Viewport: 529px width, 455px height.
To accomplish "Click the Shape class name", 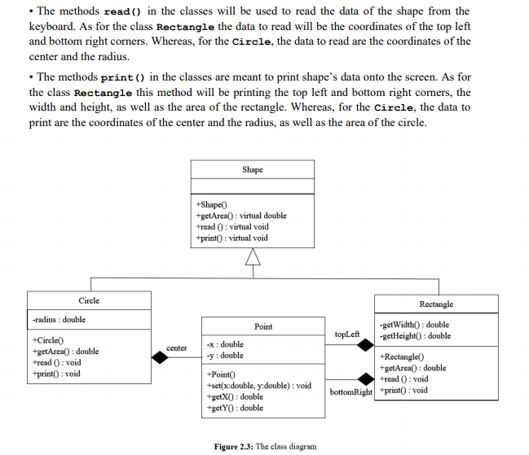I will (253, 169).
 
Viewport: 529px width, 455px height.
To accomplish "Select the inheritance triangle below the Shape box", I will (253, 258).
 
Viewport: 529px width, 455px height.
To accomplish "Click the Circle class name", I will (89, 300).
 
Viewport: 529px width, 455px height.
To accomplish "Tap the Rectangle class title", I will (436, 304).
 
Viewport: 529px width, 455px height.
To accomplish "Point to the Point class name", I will (263, 326).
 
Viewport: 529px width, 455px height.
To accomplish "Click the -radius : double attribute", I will (59, 320).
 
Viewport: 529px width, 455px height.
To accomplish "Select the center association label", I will (177, 348).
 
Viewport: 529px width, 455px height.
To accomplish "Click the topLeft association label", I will (347, 335).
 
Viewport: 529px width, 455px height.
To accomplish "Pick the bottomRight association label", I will (351, 392).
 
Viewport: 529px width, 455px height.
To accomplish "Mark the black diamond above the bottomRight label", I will (364, 378).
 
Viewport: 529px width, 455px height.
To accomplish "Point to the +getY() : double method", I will (236, 408).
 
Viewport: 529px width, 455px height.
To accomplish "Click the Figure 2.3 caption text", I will (265, 446).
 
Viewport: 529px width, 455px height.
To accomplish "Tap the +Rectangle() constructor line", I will (402, 357).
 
